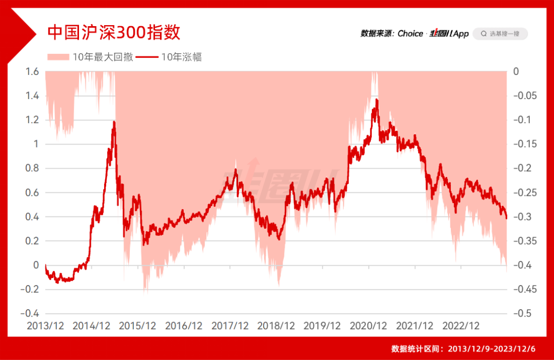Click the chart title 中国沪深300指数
[114, 32]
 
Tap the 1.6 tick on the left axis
[32, 72]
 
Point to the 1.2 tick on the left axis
[32, 120]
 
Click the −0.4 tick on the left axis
[29, 313]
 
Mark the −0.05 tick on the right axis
[524, 96]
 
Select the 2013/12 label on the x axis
[45, 326]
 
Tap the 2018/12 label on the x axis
[276, 326]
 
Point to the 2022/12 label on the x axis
[461, 326]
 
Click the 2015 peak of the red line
[113, 122]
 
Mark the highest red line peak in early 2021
[377, 99]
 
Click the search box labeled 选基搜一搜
[500, 34]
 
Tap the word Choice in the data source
[410, 34]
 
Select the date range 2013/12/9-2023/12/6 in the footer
[491, 349]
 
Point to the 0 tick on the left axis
[36, 265]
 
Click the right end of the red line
[507, 218]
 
